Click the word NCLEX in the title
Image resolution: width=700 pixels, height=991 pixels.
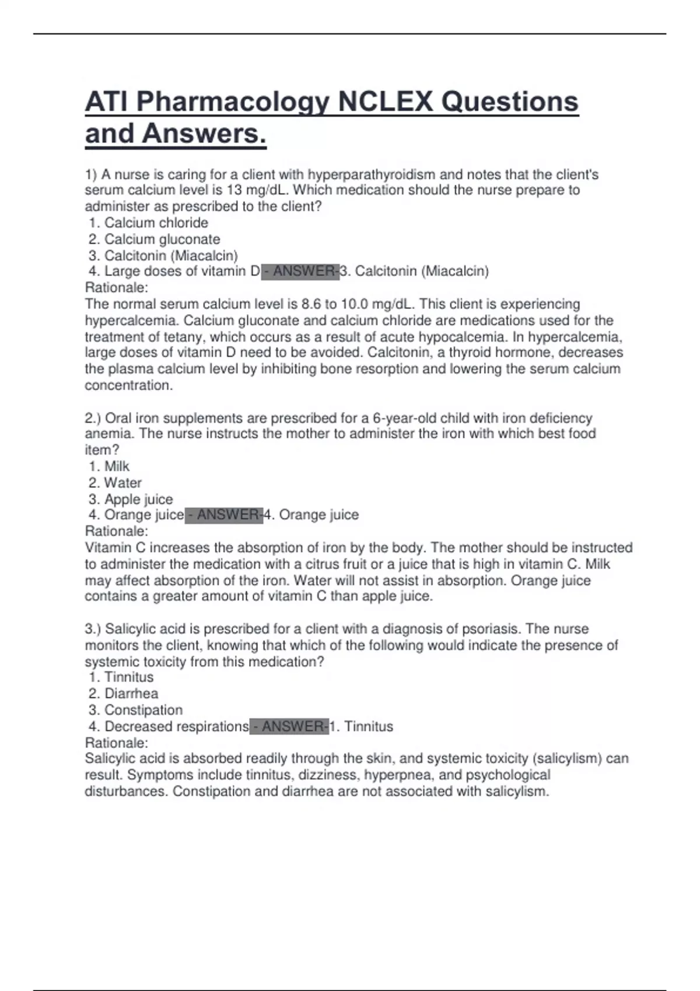point(384,103)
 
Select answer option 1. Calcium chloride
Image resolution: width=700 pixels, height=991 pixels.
point(149,223)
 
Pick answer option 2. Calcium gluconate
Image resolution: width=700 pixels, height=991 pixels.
point(155,239)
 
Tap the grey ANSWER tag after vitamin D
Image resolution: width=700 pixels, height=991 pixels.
point(300,271)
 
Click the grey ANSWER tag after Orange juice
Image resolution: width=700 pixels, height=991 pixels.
point(224,515)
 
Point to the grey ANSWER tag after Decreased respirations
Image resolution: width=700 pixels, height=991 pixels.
point(289,726)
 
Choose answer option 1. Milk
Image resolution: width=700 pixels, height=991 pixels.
point(110,466)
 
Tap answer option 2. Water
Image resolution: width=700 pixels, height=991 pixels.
point(116,483)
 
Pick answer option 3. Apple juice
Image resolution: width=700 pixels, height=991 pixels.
point(131,499)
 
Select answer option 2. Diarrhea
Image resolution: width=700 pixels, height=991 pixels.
point(124,694)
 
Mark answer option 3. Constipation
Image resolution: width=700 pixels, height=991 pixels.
point(136,710)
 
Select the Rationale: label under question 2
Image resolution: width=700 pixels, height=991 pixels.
point(117,531)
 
